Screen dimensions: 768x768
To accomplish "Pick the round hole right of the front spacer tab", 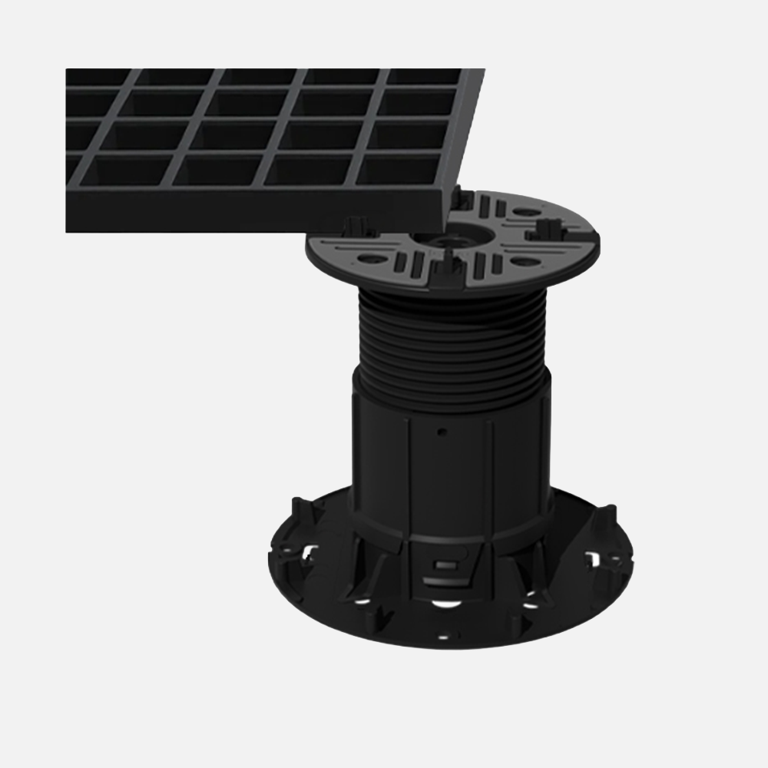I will (525, 262).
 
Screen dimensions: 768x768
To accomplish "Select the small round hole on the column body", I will (442, 432).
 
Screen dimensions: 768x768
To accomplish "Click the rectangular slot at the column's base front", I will (443, 565).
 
